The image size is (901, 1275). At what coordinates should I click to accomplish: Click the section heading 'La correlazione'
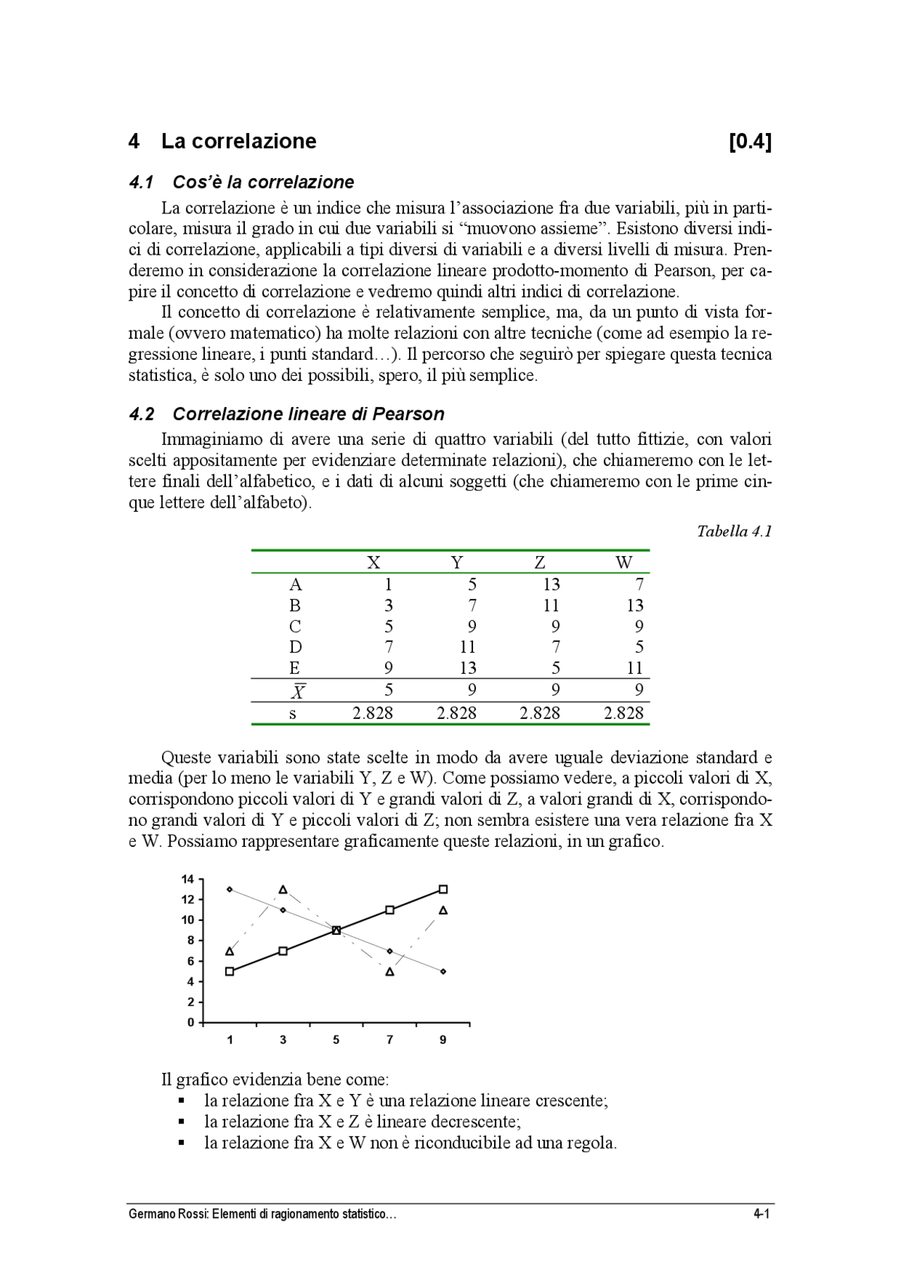pyautogui.click(x=239, y=142)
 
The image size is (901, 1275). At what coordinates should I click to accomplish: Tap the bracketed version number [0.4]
pyautogui.click(x=750, y=142)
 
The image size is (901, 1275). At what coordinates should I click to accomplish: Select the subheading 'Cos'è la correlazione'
pyautogui.click(x=263, y=182)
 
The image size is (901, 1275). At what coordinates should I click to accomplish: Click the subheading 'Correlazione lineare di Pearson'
pyautogui.click(x=308, y=414)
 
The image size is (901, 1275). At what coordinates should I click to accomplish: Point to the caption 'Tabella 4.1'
pyautogui.click(x=734, y=532)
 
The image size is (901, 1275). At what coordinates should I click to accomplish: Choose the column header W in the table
pyautogui.click(x=624, y=563)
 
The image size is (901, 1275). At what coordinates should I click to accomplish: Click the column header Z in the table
pyautogui.click(x=540, y=563)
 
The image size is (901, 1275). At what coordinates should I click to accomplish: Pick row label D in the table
pyautogui.click(x=296, y=647)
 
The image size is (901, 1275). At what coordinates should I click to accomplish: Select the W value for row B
pyautogui.click(x=635, y=605)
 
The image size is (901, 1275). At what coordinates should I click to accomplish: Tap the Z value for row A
pyautogui.click(x=551, y=584)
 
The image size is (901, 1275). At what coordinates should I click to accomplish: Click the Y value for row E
pyautogui.click(x=467, y=668)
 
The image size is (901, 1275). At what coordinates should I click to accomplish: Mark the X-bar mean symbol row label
pyautogui.click(x=298, y=691)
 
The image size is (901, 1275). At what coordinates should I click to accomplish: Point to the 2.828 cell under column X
pyautogui.click(x=373, y=713)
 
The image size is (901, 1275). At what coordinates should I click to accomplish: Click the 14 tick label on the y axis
pyautogui.click(x=187, y=879)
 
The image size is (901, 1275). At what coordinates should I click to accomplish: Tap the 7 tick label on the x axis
pyautogui.click(x=390, y=1040)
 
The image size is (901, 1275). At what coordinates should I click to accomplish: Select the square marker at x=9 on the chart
pyautogui.click(x=443, y=889)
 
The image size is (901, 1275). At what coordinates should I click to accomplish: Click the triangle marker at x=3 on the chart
pyautogui.click(x=283, y=890)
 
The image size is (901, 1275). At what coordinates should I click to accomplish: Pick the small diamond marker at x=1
pyautogui.click(x=229, y=889)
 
